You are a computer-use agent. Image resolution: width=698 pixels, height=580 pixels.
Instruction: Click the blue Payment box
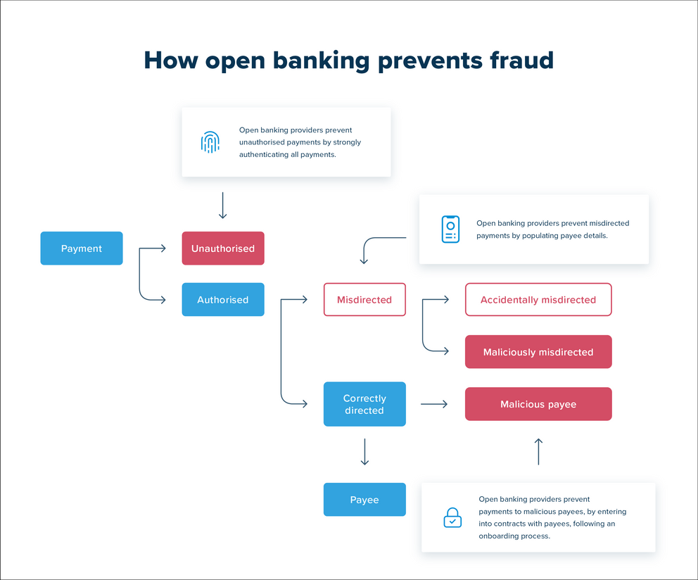(82, 248)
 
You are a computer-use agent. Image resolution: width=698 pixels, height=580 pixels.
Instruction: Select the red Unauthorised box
(223, 248)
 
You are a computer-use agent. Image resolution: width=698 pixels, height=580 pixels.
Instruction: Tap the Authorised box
(223, 300)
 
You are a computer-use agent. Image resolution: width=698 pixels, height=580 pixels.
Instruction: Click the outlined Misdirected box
(364, 300)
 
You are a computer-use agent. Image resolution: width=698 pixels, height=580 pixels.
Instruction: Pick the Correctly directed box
(364, 404)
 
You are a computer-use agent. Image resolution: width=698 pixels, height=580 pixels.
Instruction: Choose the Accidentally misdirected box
(538, 300)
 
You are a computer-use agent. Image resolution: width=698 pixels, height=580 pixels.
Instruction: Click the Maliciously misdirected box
(538, 352)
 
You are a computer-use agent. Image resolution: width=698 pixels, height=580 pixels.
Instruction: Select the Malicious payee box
(538, 404)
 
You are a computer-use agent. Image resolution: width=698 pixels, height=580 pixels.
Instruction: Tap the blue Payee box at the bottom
(364, 500)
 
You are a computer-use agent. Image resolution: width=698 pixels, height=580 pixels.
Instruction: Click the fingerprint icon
(210, 142)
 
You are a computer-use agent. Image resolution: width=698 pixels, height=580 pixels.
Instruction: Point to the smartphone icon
(450, 229)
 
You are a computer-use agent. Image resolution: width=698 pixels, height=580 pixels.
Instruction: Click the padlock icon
(452, 518)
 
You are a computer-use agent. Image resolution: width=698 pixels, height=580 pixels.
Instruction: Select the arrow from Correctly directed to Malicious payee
(434, 404)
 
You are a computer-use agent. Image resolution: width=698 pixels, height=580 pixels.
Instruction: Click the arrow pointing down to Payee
(364, 452)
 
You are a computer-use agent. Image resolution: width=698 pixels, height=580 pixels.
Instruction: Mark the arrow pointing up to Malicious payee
(538, 451)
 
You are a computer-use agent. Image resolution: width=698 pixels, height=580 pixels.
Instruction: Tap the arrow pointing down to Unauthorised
(223, 205)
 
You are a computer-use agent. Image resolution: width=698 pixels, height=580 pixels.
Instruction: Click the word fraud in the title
(521, 61)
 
